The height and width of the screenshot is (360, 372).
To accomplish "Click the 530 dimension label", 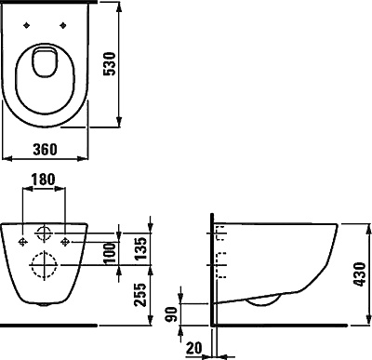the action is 110,64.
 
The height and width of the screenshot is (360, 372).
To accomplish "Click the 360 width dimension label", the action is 46,150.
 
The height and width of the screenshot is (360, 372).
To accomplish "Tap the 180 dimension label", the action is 44,180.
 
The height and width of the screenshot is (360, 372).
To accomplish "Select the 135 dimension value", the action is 140,248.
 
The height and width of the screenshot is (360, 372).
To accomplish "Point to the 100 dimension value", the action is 110,253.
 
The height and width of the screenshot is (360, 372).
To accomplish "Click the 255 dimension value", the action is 140,295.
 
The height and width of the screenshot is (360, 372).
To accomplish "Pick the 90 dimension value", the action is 171,314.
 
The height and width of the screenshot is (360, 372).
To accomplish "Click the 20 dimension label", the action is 194,348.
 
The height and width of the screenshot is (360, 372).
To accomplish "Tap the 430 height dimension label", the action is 360,274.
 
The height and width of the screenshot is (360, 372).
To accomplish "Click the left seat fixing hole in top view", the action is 27,25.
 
